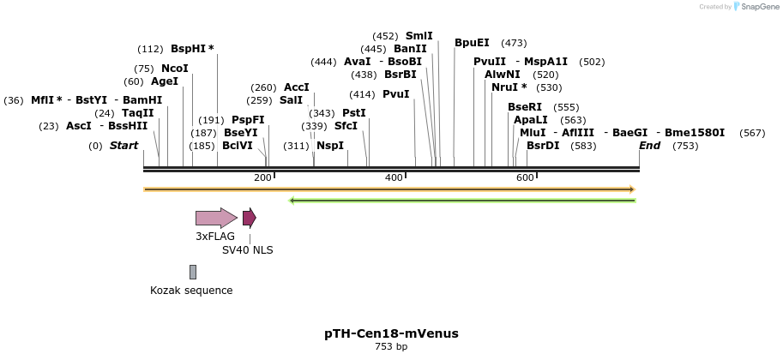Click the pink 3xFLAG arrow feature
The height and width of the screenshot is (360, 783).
(215, 218)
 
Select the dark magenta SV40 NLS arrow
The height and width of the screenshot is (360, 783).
(249, 218)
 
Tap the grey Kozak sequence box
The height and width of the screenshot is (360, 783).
(193, 272)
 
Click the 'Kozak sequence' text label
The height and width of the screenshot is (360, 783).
(191, 291)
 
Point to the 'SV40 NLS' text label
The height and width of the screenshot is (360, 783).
(247, 250)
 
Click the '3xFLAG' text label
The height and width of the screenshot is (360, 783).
(215, 237)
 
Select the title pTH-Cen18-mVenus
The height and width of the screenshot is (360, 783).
(391, 333)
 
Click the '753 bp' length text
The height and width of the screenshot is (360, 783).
(391, 347)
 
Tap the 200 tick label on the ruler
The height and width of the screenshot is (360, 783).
(262, 177)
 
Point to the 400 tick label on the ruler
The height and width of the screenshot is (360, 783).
(394, 177)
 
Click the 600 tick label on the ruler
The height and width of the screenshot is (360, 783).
(525, 177)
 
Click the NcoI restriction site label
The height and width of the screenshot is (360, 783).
(174, 69)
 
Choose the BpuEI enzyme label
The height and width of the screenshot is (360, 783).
(472, 43)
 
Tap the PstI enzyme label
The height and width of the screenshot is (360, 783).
(354, 113)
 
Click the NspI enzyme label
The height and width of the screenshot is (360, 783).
(330, 146)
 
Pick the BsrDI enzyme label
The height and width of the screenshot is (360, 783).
(543, 146)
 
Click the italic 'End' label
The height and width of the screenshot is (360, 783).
(649, 146)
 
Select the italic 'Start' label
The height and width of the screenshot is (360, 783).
(123, 146)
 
